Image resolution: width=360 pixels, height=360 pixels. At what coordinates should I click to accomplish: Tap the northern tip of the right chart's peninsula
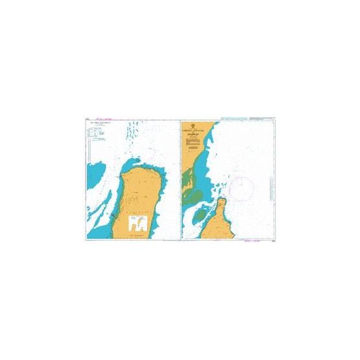tap(221, 200)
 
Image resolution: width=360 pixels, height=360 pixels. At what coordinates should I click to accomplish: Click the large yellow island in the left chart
tap(136, 195)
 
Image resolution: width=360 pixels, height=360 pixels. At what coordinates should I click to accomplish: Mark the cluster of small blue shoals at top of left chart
tap(133, 133)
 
